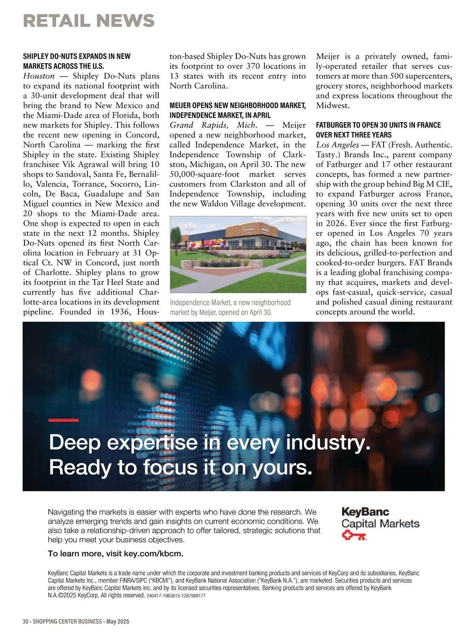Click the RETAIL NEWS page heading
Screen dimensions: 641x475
[x=89, y=21]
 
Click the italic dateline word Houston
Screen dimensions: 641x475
[x=39, y=76]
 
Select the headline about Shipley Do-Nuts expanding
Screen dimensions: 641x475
[x=76, y=61]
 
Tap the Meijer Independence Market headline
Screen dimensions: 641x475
[x=237, y=110]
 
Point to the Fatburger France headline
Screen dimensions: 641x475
[x=378, y=130]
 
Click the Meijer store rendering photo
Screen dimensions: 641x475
[x=238, y=254]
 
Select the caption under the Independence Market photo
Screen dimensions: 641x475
[x=230, y=307]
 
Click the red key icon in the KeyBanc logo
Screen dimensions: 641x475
[x=354, y=537]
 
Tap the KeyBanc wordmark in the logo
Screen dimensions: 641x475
[x=365, y=512]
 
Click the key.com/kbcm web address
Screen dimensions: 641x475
[x=153, y=554]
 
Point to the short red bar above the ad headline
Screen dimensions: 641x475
[x=63, y=420]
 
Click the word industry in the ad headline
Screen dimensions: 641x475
[x=327, y=442]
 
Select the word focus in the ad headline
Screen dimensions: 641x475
[x=170, y=467]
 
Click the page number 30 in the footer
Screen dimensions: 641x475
[x=26, y=622]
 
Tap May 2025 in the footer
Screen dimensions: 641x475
[x=118, y=622]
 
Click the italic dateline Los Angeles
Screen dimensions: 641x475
[x=337, y=145]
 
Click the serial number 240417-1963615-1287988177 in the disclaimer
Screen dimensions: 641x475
[x=176, y=596]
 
